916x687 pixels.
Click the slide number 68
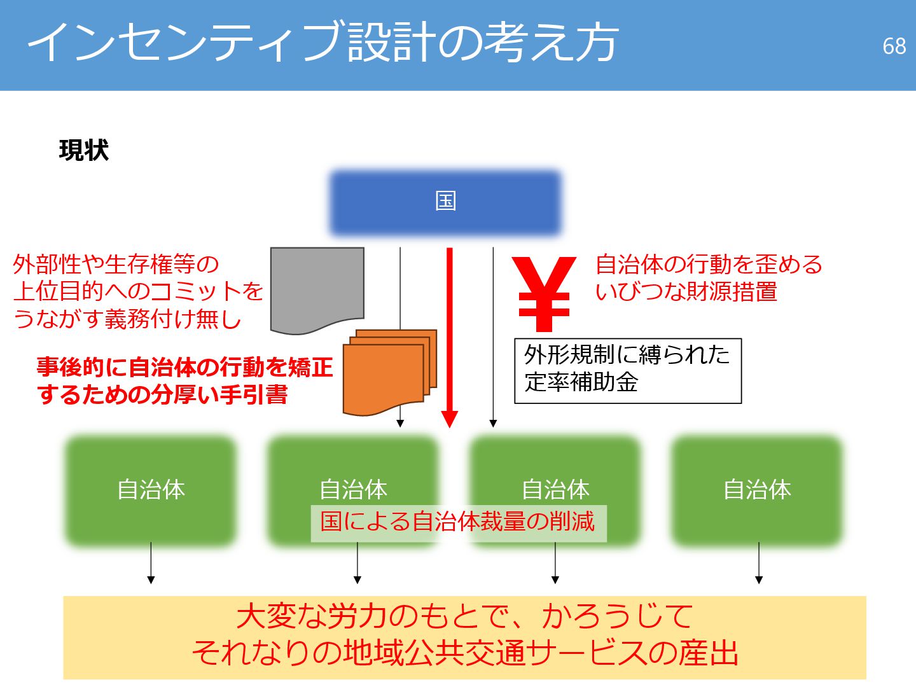click(x=894, y=46)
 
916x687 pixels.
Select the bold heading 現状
click(x=83, y=151)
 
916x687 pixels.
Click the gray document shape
click(x=317, y=288)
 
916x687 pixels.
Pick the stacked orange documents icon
click(x=388, y=372)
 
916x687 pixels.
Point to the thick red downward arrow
click(x=450, y=337)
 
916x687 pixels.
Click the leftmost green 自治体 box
click(x=151, y=490)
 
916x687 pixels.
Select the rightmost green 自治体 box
click(x=757, y=490)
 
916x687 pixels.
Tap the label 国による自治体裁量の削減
click(x=458, y=522)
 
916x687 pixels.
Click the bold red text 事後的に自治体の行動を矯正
click(x=184, y=367)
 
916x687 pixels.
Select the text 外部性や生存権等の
click(x=116, y=264)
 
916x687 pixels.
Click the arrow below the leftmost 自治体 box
click(x=151, y=563)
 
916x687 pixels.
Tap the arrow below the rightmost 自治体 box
click(x=759, y=563)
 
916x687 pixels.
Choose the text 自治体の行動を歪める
click(x=709, y=264)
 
